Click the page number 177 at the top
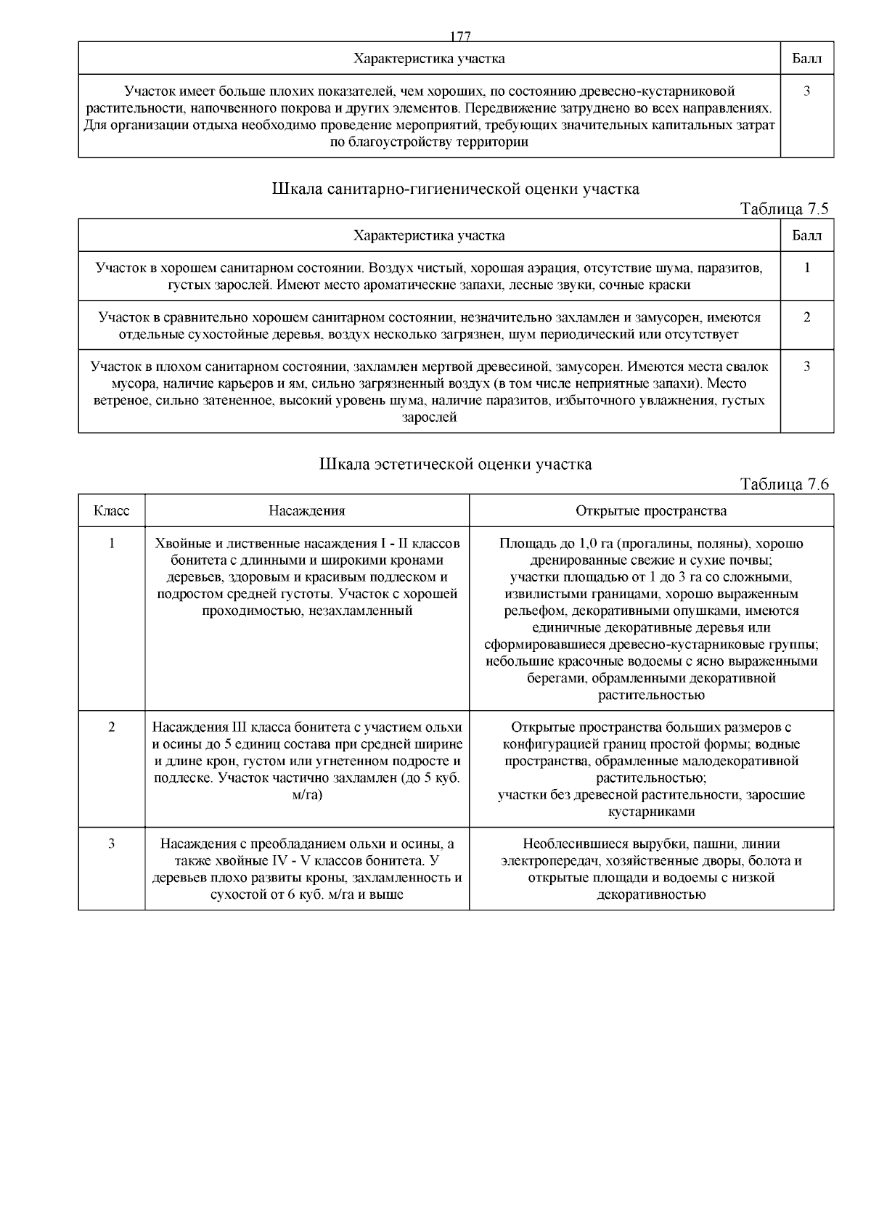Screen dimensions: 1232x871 coord(461,36)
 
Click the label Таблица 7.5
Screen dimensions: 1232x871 coord(784,210)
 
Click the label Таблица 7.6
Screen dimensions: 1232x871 coord(784,485)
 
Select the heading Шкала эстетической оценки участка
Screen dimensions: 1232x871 coord(455,464)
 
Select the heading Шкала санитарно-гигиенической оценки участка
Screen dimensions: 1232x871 coord(455,189)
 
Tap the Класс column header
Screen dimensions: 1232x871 coord(112,511)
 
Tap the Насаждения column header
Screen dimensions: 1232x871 coord(307,511)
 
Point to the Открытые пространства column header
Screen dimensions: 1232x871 coord(651,511)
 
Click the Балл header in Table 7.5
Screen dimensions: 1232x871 coord(807,236)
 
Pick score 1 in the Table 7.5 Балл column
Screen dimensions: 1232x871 coord(807,268)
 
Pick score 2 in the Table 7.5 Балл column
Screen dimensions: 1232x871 coord(807,317)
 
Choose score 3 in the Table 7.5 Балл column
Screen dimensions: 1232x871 coord(807,367)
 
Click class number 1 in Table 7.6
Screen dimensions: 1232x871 coord(112,544)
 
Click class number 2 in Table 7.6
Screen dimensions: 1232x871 coord(112,727)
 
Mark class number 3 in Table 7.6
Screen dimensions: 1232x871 coord(112,844)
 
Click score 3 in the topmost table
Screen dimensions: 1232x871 coord(807,91)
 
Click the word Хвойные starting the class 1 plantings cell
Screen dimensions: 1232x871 coord(179,544)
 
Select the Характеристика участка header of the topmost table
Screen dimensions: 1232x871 coord(429,58)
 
